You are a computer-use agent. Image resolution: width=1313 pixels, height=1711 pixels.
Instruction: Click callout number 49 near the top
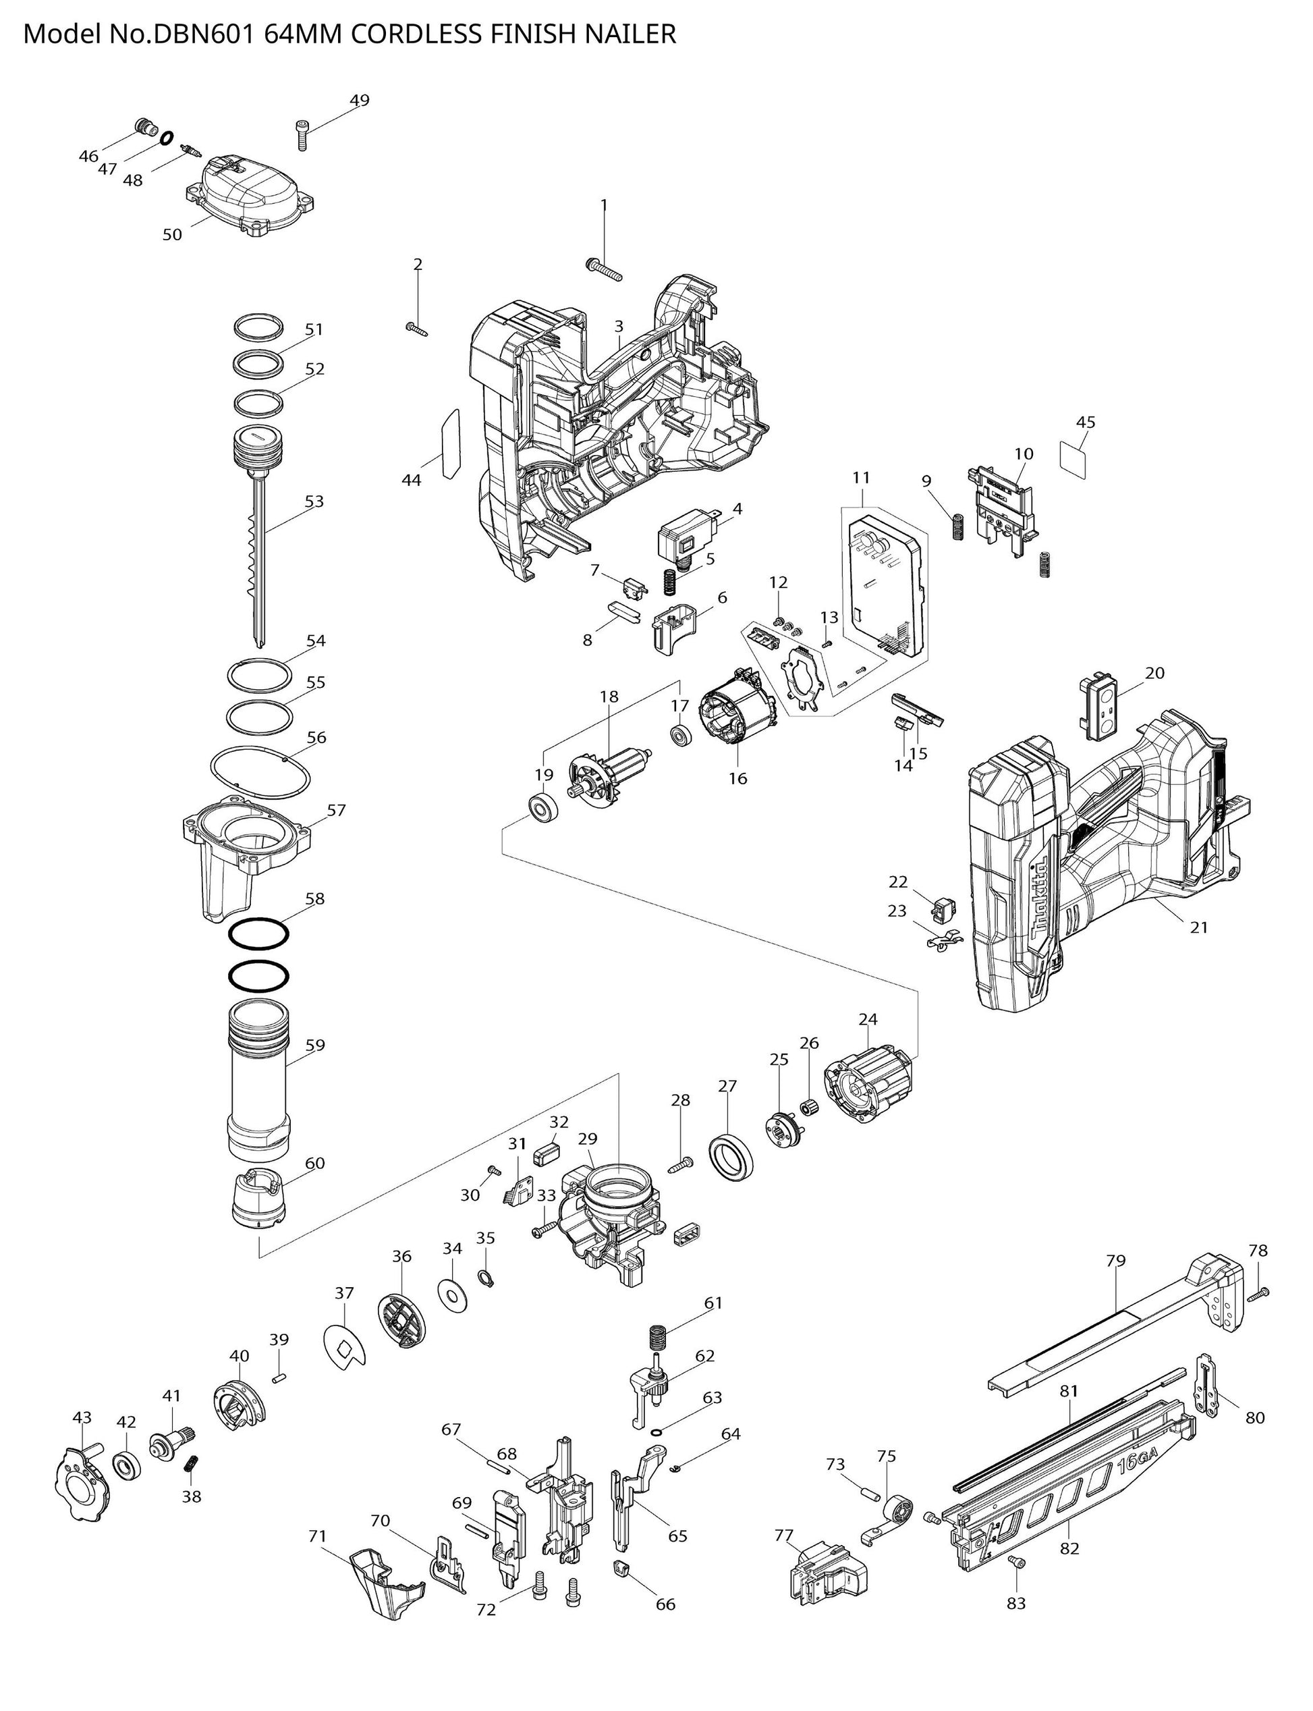359,101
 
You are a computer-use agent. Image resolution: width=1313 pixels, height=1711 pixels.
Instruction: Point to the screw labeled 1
603,270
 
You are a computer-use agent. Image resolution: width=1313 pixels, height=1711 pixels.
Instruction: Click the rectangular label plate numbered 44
449,444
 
